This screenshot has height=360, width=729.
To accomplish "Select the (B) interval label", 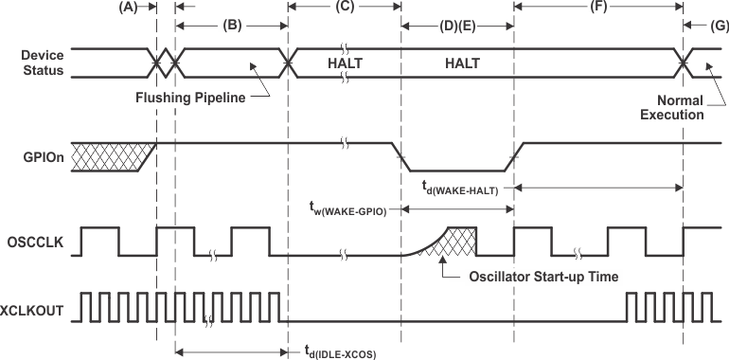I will click(x=231, y=27).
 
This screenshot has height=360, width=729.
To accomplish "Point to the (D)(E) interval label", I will click(x=458, y=27).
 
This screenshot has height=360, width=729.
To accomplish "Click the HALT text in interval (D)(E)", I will click(x=458, y=63).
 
